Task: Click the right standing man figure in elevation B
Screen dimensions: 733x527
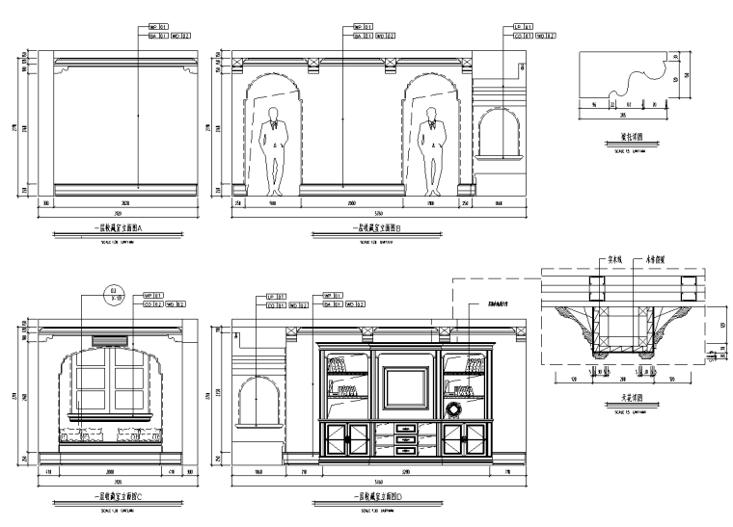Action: pyautogui.click(x=434, y=149)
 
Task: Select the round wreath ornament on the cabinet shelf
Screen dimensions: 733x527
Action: pyautogui.click(x=452, y=407)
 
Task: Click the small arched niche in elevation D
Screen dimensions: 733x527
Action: pyautogui.click(x=258, y=399)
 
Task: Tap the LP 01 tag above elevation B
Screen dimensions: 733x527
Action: pyautogui.click(x=520, y=27)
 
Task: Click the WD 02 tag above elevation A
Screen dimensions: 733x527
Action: pyautogui.click(x=181, y=37)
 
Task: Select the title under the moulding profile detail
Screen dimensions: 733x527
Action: pyautogui.click(x=631, y=138)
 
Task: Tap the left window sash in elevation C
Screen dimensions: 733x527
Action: pyautogui.click(x=95, y=385)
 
